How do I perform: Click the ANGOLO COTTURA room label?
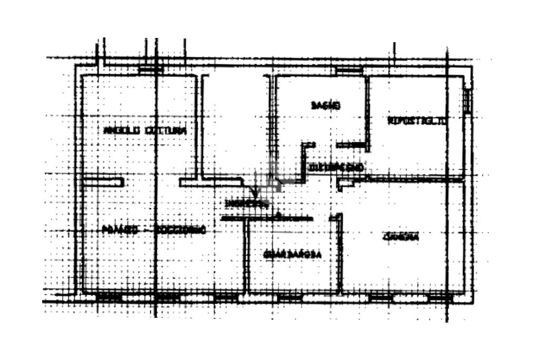[145, 130]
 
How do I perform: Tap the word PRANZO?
[120, 230]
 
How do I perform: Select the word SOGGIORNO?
[180, 230]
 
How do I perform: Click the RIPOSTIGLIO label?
[417, 120]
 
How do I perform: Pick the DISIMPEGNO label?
[335, 168]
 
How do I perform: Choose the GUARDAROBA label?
[293, 255]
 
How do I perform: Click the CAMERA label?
[401, 237]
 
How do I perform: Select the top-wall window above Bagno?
[349, 71]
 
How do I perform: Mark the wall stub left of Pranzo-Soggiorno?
[103, 182]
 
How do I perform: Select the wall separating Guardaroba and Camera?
[340, 253]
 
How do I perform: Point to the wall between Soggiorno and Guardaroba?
[246, 256]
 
